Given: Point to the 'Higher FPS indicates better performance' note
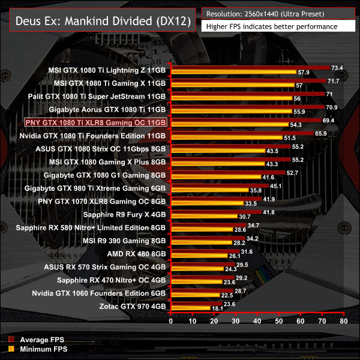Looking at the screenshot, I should pyautogui.click(x=271, y=26).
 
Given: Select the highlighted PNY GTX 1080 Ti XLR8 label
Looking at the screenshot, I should pyautogui.click(x=95, y=122).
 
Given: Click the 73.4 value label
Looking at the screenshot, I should pyautogui.click(x=337, y=67).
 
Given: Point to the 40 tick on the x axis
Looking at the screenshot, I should pyautogui.click(x=258, y=322).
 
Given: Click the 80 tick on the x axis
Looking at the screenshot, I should pyautogui.click(x=343, y=322).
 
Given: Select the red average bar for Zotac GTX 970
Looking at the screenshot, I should pyautogui.click(x=197, y=304).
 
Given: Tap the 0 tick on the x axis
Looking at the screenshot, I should pyautogui.click(x=172, y=322).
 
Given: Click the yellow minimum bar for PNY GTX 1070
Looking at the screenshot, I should pyautogui.click(x=208, y=203).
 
